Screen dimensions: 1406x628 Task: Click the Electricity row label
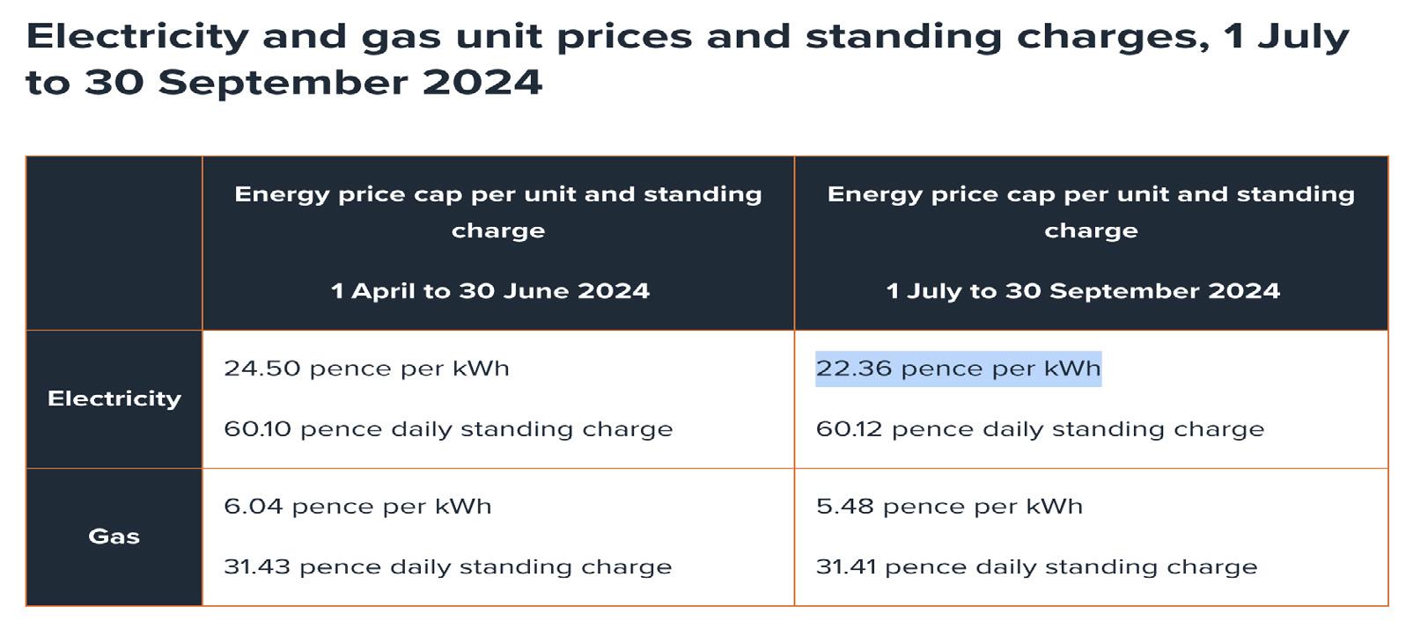point(114,398)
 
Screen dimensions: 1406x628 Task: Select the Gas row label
point(114,537)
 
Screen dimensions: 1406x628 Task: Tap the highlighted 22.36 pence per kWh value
point(958,369)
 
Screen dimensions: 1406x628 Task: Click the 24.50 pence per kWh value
point(366,369)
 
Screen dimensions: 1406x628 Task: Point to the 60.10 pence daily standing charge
point(448,429)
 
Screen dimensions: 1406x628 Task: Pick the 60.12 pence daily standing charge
point(1040,429)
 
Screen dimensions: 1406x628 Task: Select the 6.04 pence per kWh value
point(357,507)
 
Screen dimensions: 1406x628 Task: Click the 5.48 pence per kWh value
point(949,507)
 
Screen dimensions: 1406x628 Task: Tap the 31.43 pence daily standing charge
point(447,567)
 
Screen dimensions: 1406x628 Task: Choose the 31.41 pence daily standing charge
point(1036,567)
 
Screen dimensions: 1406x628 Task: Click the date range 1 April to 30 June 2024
point(490,291)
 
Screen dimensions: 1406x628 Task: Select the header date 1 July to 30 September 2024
point(1083,291)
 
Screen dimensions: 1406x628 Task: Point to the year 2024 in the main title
point(482,83)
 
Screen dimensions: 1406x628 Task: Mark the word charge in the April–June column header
point(498,231)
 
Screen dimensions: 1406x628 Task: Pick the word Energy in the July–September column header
point(874,195)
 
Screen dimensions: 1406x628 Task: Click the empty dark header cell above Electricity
point(114,244)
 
